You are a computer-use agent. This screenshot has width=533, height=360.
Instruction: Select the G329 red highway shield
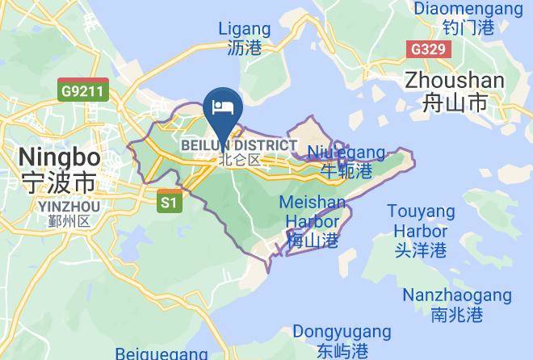(x=428, y=49)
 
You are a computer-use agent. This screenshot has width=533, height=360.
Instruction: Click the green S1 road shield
(x=168, y=202)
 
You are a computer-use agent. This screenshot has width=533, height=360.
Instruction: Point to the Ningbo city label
(x=59, y=156)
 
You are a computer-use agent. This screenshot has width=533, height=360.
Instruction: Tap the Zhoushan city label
(x=455, y=81)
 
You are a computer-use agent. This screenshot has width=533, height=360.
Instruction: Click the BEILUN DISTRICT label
(x=239, y=145)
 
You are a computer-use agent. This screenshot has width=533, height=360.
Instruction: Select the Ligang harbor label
(x=245, y=30)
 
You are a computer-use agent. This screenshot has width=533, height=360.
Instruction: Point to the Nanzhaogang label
(x=456, y=295)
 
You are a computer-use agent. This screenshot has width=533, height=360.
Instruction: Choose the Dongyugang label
(x=342, y=332)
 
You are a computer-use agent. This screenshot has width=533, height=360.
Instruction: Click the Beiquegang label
(x=162, y=354)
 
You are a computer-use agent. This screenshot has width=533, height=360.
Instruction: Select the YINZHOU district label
(x=68, y=207)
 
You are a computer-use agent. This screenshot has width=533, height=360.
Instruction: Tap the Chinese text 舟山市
(x=455, y=103)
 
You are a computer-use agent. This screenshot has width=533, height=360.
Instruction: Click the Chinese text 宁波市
(x=59, y=180)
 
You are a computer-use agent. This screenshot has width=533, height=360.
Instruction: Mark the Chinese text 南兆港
(x=456, y=315)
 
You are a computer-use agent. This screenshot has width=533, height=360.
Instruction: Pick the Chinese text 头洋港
(x=420, y=250)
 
